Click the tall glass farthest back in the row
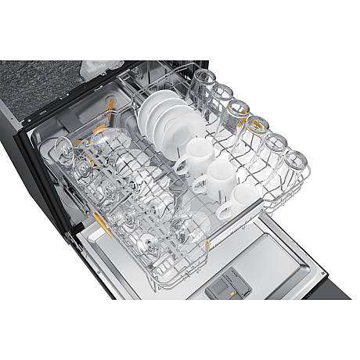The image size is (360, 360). (204, 83)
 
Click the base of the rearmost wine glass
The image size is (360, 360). (61, 148)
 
